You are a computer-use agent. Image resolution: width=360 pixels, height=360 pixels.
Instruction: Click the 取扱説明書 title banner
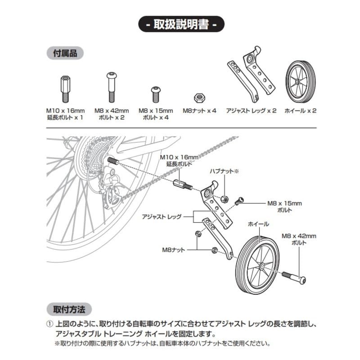(x=181, y=24)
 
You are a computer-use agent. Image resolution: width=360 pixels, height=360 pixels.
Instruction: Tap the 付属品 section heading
(x=65, y=53)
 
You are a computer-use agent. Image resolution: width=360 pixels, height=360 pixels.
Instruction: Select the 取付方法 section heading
(x=69, y=309)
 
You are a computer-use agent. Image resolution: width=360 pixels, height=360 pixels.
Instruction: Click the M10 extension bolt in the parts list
(x=65, y=89)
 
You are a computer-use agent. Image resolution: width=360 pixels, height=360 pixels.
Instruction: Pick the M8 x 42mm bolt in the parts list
(x=112, y=87)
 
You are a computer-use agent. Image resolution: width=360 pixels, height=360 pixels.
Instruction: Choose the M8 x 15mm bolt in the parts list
(x=156, y=94)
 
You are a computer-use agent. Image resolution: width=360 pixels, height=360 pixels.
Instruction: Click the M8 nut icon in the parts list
(x=199, y=98)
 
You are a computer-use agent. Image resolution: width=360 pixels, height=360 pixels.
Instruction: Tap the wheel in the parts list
(x=301, y=82)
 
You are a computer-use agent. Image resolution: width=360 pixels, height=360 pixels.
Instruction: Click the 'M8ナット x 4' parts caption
(x=199, y=111)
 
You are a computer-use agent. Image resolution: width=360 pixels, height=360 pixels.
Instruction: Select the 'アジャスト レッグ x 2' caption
(x=251, y=111)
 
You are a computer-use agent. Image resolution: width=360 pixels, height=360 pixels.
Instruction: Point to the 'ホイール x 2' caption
(x=301, y=111)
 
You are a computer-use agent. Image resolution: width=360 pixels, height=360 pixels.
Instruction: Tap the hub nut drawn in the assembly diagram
(x=224, y=199)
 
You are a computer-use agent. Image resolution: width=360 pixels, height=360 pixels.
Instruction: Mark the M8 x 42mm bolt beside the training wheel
(x=294, y=278)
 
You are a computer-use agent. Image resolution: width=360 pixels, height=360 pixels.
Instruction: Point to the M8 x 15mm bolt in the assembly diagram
(x=239, y=201)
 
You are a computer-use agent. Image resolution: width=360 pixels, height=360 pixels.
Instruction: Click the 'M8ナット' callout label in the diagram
(x=174, y=250)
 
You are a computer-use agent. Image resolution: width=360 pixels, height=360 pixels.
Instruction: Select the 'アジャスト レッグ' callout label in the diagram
(x=162, y=216)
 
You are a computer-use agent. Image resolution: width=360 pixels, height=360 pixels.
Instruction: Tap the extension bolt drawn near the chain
(x=183, y=185)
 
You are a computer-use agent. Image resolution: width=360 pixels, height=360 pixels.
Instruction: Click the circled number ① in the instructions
(x=49, y=324)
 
